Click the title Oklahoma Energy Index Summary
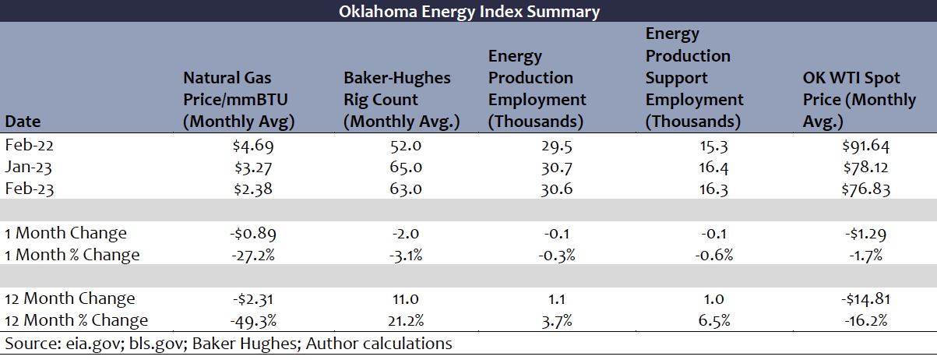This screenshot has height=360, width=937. point(469,12)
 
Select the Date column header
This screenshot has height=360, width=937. point(23,122)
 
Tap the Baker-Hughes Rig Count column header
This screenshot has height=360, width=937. point(402,100)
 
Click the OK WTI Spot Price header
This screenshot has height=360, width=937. point(859,100)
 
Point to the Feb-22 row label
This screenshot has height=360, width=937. point(30,145)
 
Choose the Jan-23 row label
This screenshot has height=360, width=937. point(28,167)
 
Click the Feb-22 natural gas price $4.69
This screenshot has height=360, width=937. point(253,146)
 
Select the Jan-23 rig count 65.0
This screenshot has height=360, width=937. point(406,167)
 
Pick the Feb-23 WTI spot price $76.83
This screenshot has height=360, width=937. point(866,189)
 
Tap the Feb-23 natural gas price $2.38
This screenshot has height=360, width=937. point(253,189)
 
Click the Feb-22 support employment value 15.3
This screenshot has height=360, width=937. point(713,146)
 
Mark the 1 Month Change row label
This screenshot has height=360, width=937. point(65,233)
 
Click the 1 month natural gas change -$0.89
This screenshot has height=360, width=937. point(253,234)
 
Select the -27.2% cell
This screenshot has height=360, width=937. point(253,255)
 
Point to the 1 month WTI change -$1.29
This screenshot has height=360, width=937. point(866,234)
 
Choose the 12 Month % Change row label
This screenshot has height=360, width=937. point(76,320)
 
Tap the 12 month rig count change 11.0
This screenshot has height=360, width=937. point(406,299)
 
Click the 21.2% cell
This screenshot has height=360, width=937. point(406,321)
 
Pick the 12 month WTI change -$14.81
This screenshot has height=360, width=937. point(866,299)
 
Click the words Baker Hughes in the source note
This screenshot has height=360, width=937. point(245,344)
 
